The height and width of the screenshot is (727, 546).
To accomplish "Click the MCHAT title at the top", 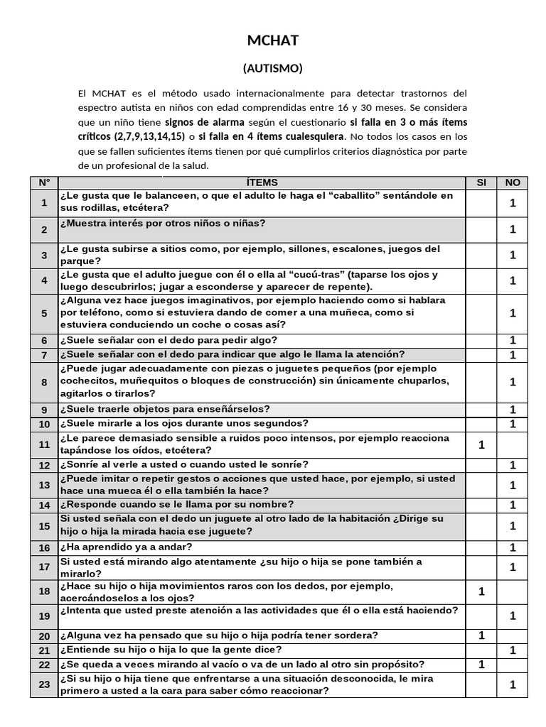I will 273,41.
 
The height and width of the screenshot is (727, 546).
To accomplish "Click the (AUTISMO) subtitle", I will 273,68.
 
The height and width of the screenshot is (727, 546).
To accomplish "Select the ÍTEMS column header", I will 262,182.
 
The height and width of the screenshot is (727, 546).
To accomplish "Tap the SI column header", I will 481,182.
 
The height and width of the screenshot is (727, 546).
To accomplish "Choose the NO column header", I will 513,182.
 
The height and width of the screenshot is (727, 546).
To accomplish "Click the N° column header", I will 44,182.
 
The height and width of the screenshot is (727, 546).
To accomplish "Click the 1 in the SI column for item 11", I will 481,444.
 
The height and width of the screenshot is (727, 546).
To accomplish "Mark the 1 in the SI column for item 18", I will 481,591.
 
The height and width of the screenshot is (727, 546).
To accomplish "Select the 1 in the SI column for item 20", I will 481,635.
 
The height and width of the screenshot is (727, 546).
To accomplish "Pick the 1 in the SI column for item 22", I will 481,665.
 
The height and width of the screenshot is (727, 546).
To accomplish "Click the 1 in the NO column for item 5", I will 513,312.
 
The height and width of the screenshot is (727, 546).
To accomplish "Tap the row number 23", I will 44,685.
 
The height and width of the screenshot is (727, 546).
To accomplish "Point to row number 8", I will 44,382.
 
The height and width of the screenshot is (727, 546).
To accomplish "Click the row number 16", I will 44,548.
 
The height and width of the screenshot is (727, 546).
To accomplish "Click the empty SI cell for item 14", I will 481,505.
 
